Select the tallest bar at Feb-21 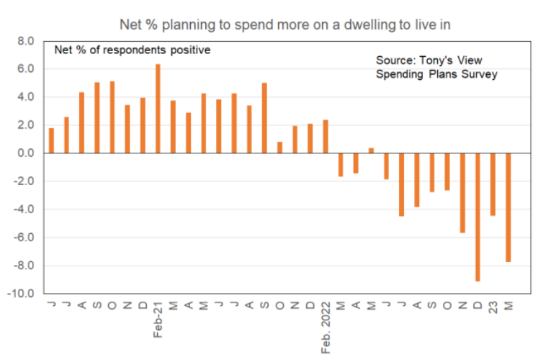[x=158, y=109]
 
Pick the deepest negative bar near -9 [x=478, y=217]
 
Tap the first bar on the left [x=51, y=140]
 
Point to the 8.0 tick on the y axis [x=27, y=42]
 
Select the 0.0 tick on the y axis [x=27, y=153]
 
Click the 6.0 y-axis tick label [x=27, y=70]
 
